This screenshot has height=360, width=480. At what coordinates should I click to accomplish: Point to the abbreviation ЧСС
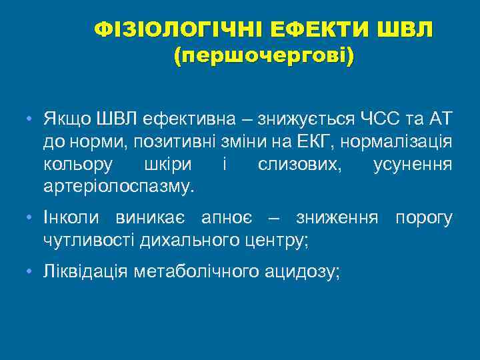tap(379, 120)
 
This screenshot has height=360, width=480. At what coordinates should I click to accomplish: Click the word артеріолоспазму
tap(118, 185)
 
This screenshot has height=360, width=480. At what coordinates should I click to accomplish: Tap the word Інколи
tap(68, 219)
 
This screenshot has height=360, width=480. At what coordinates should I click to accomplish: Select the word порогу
tap(424, 219)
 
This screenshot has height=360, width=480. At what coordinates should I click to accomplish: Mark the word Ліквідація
tap(85, 273)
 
